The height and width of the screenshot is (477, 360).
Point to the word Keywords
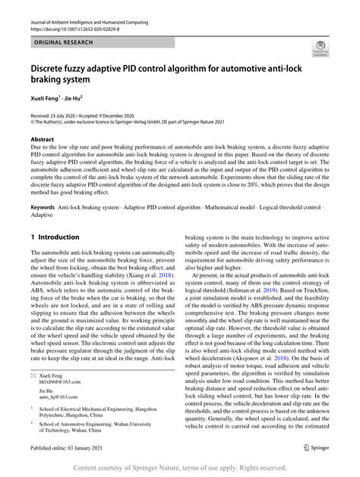pos(44,206)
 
